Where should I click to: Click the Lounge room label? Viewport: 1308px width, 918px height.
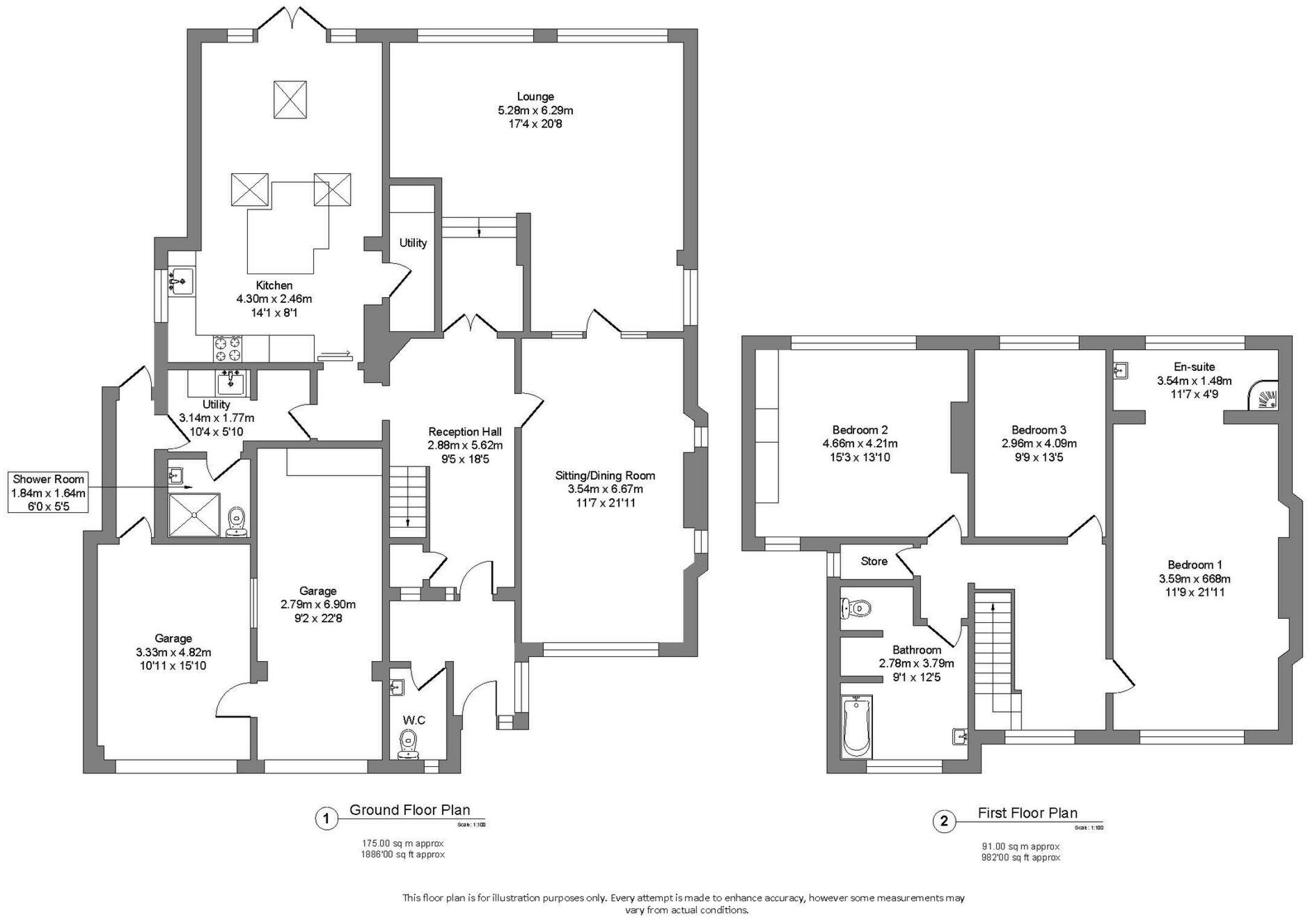535,97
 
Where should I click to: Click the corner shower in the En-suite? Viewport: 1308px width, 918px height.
1264,396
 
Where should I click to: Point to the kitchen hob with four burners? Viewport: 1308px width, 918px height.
228,348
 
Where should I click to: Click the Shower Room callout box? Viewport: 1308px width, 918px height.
48,492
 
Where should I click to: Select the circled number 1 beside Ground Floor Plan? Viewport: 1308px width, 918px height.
325,818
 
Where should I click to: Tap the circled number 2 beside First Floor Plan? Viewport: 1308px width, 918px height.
943,821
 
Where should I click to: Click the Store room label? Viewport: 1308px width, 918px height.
874,561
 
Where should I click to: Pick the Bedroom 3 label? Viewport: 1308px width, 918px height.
1038,430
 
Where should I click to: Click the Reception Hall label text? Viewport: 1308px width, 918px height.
464,432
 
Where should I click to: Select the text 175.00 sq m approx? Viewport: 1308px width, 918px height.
399,843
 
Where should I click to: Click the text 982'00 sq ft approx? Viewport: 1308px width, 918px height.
1021,857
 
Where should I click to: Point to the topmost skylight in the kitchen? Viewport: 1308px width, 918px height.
290,100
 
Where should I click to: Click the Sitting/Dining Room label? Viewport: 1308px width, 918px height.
604,475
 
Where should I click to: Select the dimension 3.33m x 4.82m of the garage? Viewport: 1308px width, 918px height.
173,652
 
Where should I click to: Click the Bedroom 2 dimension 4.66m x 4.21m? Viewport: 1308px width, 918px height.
860,443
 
